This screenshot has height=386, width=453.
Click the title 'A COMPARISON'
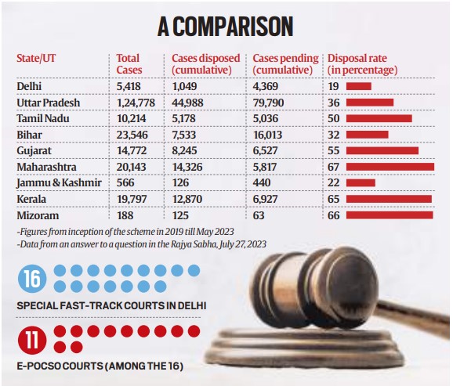click(x=225, y=27)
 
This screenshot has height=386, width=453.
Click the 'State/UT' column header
click(x=37, y=59)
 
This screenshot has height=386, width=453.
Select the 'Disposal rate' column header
click(x=362, y=64)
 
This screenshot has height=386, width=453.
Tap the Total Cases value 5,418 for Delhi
click(x=130, y=85)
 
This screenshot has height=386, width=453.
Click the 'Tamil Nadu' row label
click(x=43, y=118)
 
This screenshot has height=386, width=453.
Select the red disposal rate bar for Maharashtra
click(x=389, y=167)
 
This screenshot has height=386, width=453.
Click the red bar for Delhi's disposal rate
click(x=357, y=85)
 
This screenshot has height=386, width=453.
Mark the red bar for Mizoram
click(x=389, y=215)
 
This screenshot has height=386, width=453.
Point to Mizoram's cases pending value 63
click(x=260, y=215)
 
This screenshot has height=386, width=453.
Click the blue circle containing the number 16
click(x=31, y=279)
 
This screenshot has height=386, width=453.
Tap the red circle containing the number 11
click(x=31, y=340)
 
